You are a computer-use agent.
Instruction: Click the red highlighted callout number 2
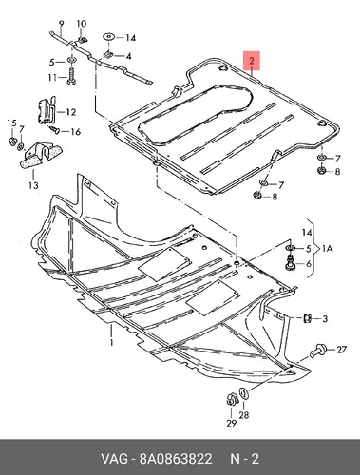click(x=252, y=60)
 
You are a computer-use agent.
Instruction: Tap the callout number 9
click(x=62, y=24)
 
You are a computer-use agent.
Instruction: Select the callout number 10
click(x=82, y=24)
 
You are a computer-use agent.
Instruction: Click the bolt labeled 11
click(x=71, y=77)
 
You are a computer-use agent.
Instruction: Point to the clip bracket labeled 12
click(x=47, y=111)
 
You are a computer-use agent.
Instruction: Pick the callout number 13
click(x=33, y=185)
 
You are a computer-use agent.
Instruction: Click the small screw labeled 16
click(x=55, y=129)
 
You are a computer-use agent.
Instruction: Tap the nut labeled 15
click(x=12, y=142)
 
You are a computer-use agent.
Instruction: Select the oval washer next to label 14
click(x=109, y=37)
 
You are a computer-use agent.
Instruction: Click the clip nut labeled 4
click(x=109, y=55)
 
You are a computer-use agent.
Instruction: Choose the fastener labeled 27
click(x=319, y=351)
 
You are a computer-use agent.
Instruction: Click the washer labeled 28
click(x=244, y=393)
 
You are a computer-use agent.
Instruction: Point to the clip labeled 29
click(x=232, y=399)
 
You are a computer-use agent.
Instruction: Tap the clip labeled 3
click(x=307, y=318)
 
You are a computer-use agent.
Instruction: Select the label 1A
click(x=328, y=249)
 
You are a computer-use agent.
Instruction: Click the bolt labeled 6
click(x=290, y=263)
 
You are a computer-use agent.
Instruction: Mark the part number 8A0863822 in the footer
click(x=176, y=459)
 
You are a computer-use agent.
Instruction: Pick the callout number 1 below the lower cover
click(x=111, y=342)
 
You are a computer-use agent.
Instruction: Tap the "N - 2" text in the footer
click(x=244, y=459)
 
